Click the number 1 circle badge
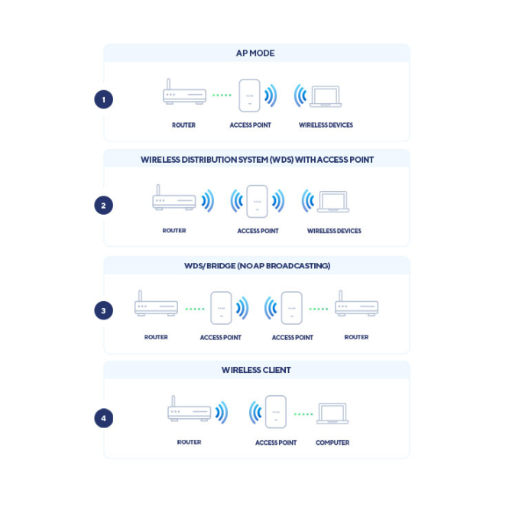pyautogui.click(x=103, y=99)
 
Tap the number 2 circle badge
pyautogui.click(x=103, y=205)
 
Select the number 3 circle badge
pyautogui.click(x=103, y=310)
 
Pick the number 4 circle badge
pyautogui.click(x=103, y=418)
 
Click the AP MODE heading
pyautogui.click(x=255, y=54)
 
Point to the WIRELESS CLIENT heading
pyautogui.click(x=256, y=370)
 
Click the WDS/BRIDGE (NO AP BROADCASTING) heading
pyautogui.click(x=257, y=266)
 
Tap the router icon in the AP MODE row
pyautogui.click(x=183, y=93)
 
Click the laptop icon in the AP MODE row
pyautogui.click(x=325, y=97)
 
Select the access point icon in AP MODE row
pyautogui.click(x=249, y=96)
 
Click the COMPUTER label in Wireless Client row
pyautogui.click(x=332, y=443)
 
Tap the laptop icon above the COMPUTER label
pyautogui.click(x=332, y=414)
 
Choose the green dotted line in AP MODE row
pyautogui.click(x=222, y=96)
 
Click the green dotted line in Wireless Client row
pyautogui.click(x=303, y=414)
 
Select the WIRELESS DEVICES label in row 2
pyautogui.click(x=334, y=231)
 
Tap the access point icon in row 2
pyautogui.click(x=257, y=202)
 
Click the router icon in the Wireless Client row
pyautogui.click(x=189, y=410)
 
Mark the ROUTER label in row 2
pyautogui.click(x=174, y=231)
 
